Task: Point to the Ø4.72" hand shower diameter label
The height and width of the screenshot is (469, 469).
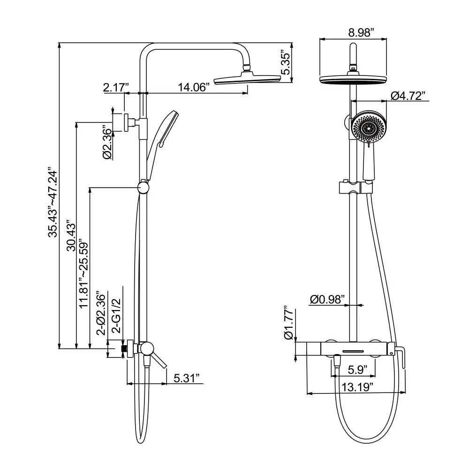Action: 408,96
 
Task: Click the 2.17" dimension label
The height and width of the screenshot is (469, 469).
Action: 116,87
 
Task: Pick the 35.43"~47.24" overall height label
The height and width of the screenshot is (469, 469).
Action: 53,203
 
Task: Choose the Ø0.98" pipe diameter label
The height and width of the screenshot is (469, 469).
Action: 327,299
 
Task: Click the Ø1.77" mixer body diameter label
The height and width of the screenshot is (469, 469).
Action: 289,324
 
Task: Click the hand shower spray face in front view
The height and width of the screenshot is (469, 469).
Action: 369,128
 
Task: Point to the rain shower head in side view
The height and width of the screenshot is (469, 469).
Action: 247,81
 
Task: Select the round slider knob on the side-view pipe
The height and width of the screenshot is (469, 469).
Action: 144,188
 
